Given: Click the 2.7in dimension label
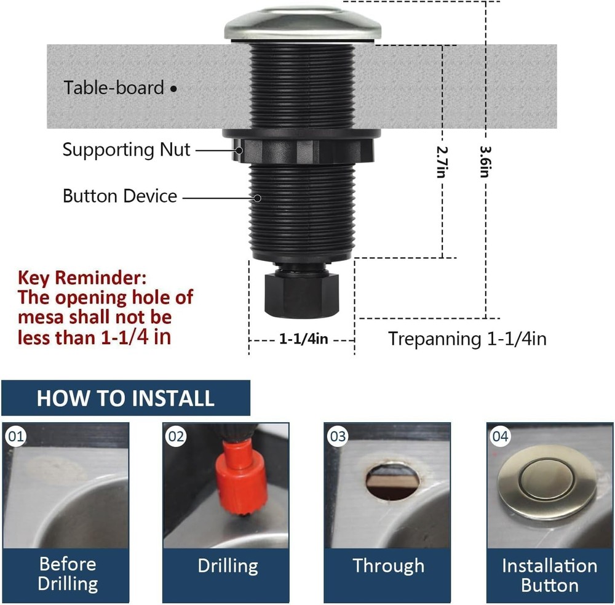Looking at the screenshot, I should tap(440, 161).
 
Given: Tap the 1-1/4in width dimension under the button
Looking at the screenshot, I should tap(303, 339).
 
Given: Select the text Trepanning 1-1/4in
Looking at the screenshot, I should tap(467, 339).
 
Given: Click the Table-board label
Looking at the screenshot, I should tap(114, 87).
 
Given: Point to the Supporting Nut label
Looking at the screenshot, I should tap(126, 150).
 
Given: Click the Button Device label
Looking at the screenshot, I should tap(120, 196).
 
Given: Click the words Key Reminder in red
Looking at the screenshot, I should tap(82, 278).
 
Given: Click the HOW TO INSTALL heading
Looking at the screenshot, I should tap(125, 398).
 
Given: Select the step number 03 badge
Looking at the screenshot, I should tap(338, 437).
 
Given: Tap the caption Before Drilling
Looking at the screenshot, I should tap(68, 573).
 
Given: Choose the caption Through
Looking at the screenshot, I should tap(388, 566).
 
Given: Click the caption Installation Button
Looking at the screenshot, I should tap(549, 575).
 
